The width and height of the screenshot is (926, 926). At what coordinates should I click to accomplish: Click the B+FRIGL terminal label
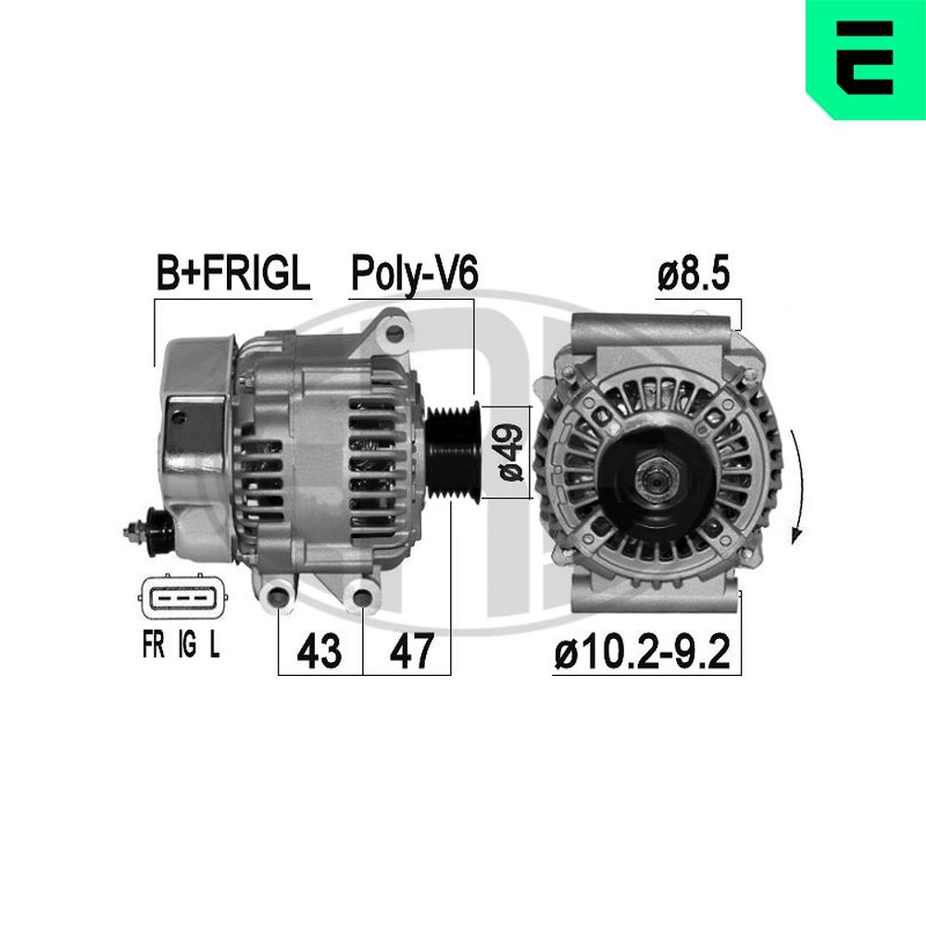pyautogui.click(x=232, y=273)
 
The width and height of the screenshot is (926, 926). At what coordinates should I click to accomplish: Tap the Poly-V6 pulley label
pyautogui.click(x=414, y=273)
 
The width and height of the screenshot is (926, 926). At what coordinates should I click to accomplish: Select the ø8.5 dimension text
pyautogui.click(x=694, y=273)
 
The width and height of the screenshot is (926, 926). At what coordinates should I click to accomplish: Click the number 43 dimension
pyautogui.click(x=319, y=651)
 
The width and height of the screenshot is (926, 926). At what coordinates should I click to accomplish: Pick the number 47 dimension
pyautogui.click(x=412, y=651)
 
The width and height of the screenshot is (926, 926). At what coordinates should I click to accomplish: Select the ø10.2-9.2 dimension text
pyautogui.click(x=643, y=651)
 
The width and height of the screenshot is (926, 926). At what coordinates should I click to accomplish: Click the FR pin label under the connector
pyautogui.click(x=153, y=644)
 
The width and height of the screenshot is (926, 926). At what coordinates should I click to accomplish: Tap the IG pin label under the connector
pyautogui.click(x=187, y=644)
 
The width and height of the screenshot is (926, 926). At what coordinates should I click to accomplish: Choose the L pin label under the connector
pyautogui.click(x=215, y=644)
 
